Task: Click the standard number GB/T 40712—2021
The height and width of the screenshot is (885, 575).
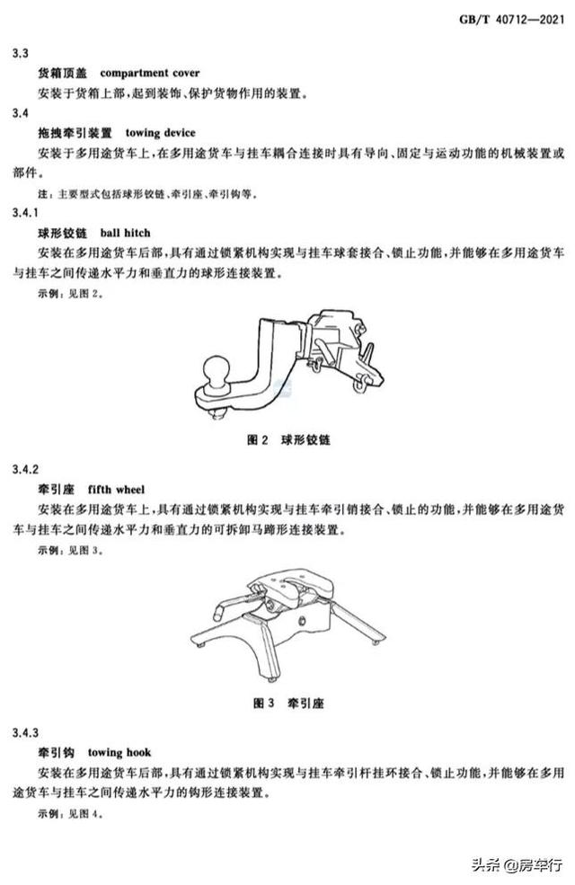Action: pyautogui.click(x=511, y=20)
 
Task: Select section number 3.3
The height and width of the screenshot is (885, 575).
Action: pyautogui.click(x=21, y=54)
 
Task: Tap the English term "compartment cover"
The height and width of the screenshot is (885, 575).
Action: pyautogui.click(x=149, y=74)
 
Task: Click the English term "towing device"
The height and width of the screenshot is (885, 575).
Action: pyautogui.click(x=160, y=133)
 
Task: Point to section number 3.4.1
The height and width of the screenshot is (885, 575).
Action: pyautogui.click(x=25, y=213)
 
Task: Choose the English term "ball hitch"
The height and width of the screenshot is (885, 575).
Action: pyautogui.click(x=125, y=233)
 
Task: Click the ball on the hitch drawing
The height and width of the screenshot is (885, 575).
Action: pyautogui.click(x=217, y=368)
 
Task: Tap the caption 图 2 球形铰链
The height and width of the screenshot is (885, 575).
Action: pyautogui.click(x=288, y=439)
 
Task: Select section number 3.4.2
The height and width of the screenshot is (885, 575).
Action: pyautogui.click(x=25, y=470)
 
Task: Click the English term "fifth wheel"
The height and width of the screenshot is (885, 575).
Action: pyautogui.click(x=116, y=490)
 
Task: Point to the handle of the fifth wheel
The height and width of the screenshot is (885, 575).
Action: pyautogui.click(x=233, y=604)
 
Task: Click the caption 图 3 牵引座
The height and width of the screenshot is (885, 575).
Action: pyautogui.click(x=288, y=704)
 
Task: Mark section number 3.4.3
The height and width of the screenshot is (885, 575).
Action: pyautogui.click(x=25, y=732)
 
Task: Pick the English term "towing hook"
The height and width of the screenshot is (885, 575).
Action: pyautogui.click(x=119, y=752)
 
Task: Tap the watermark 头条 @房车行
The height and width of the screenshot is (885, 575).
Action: pyautogui.click(x=517, y=864)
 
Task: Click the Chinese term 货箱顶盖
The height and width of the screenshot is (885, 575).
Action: pyautogui.click(x=63, y=74)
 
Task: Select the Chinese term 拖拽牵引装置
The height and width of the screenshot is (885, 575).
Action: pyautogui.click(x=75, y=133)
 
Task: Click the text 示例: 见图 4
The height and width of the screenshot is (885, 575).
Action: pyautogui.click(x=71, y=814)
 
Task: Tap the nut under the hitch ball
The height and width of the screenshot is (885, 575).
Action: pyautogui.click(x=217, y=414)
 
